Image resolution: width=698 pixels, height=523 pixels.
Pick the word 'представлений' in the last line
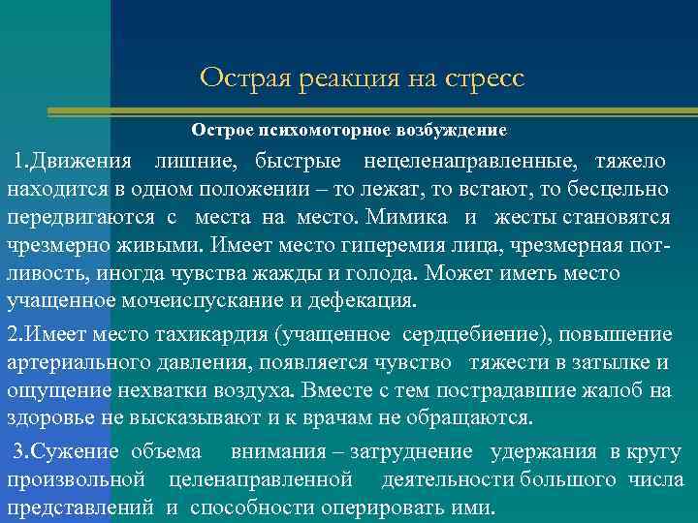(x=80, y=508)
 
